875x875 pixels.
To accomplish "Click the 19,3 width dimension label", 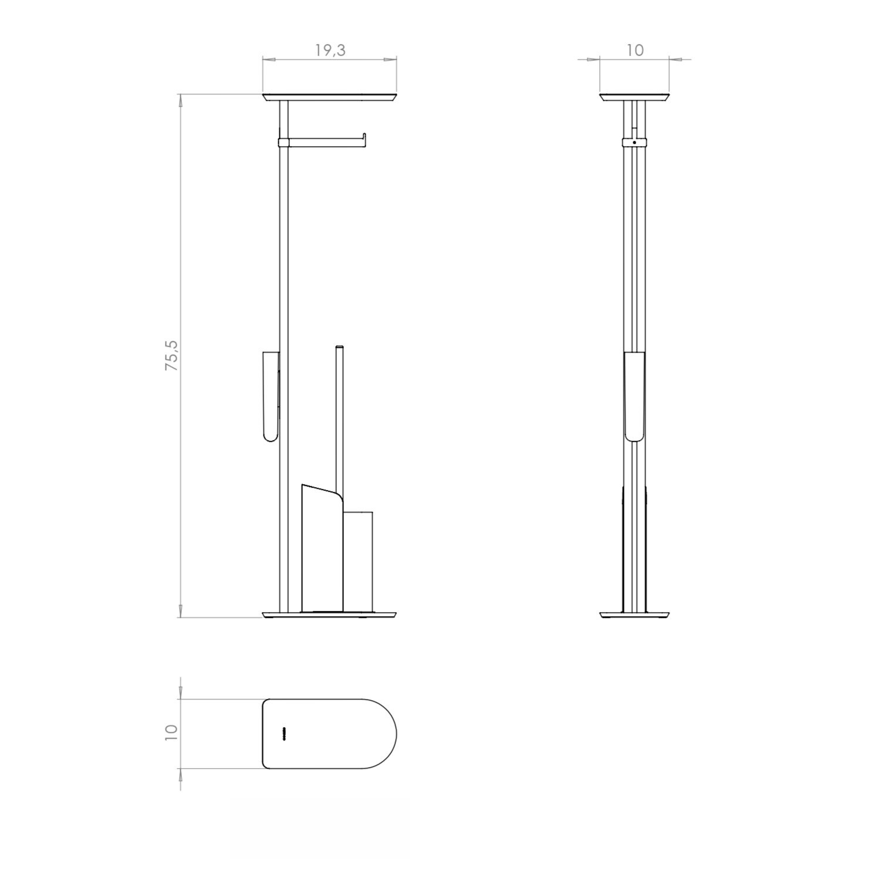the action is click(330, 50).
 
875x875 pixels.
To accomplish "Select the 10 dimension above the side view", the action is click(635, 50).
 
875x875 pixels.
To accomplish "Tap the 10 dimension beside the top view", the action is click(171, 733).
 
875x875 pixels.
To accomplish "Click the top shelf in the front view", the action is click(330, 97).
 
